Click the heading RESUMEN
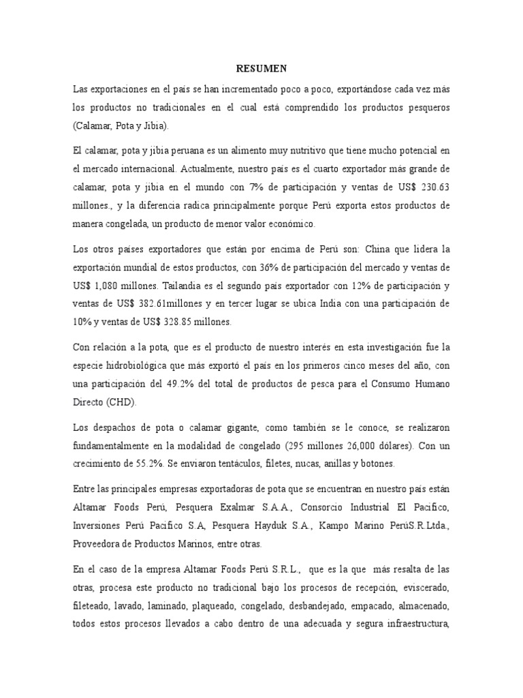point(261,68)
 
